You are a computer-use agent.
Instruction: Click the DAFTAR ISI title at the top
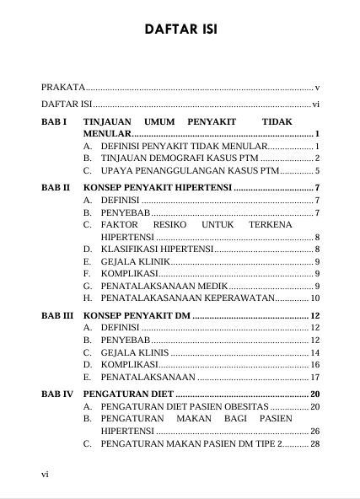tap(180, 30)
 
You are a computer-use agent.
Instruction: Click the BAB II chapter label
tap(56, 186)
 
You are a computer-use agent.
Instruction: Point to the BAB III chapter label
tap(57, 314)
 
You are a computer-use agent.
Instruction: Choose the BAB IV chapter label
tap(57, 394)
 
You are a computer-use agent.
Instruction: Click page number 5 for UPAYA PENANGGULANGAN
tap(317, 170)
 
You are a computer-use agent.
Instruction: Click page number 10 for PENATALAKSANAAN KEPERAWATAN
tap(315, 298)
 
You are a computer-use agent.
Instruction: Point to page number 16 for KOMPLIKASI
tap(315, 364)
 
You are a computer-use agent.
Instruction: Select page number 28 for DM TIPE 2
tap(315, 443)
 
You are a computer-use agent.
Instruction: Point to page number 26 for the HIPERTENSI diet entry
tap(315, 431)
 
